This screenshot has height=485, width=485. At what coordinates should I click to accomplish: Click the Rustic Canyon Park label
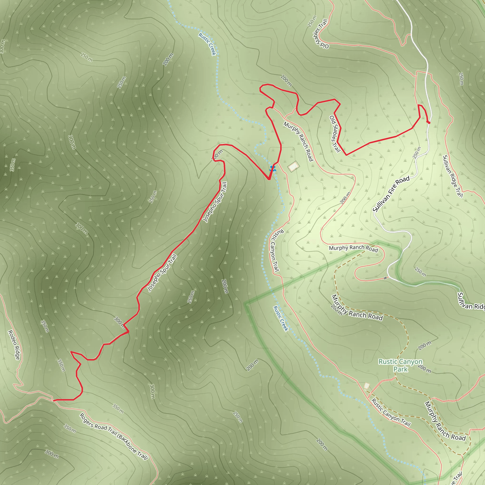(x=400, y=365)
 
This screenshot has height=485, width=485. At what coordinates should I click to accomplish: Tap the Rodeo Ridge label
(x=14, y=345)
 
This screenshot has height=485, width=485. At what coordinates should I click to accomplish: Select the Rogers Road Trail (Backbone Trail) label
(x=113, y=436)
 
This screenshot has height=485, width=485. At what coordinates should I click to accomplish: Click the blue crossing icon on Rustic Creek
(x=273, y=168)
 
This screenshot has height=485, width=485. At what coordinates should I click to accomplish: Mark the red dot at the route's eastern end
(x=429, y=122)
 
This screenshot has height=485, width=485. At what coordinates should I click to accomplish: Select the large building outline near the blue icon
(x=293, y=166)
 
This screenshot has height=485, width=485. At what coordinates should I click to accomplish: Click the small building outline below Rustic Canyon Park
(x=367, y=386)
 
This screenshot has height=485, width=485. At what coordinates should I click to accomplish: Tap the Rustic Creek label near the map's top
(x=207, y=44)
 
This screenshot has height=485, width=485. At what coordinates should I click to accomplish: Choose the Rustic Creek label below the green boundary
(x=281, y=318)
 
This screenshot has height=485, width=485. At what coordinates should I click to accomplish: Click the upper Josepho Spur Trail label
(x=215, y=202)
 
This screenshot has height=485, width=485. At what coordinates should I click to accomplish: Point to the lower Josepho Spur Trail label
(x=162, y=273)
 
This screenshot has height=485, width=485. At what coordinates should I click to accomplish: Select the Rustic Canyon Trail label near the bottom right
(x=391, y=413)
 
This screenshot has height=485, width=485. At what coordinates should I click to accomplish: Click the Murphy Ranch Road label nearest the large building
(x=298, y=141)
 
